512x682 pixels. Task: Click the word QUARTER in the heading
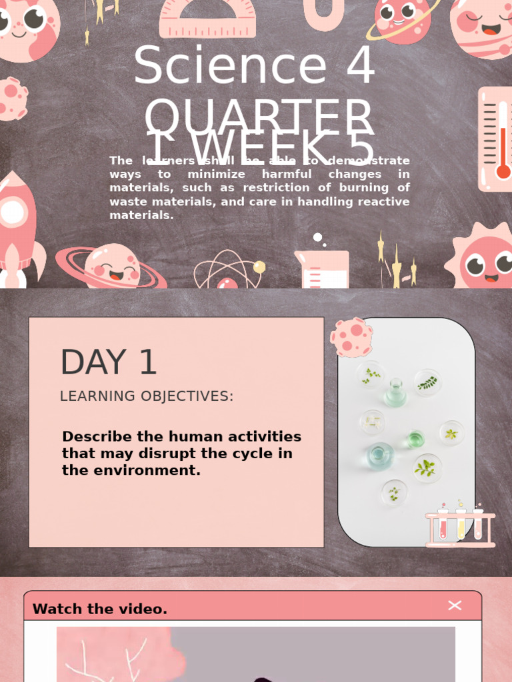pos(259,117)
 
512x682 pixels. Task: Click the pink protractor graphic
pos(207,18)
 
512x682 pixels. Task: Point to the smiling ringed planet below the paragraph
pos(111,266)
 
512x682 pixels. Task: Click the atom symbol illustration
pos(228,272)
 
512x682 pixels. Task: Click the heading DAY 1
pos(109,363)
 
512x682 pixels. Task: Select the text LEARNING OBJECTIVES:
pos(147,396)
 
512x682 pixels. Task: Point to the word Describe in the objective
pos(97,437)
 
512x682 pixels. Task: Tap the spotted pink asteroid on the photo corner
pos(351,336)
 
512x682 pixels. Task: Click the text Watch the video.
pos(100,609)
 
